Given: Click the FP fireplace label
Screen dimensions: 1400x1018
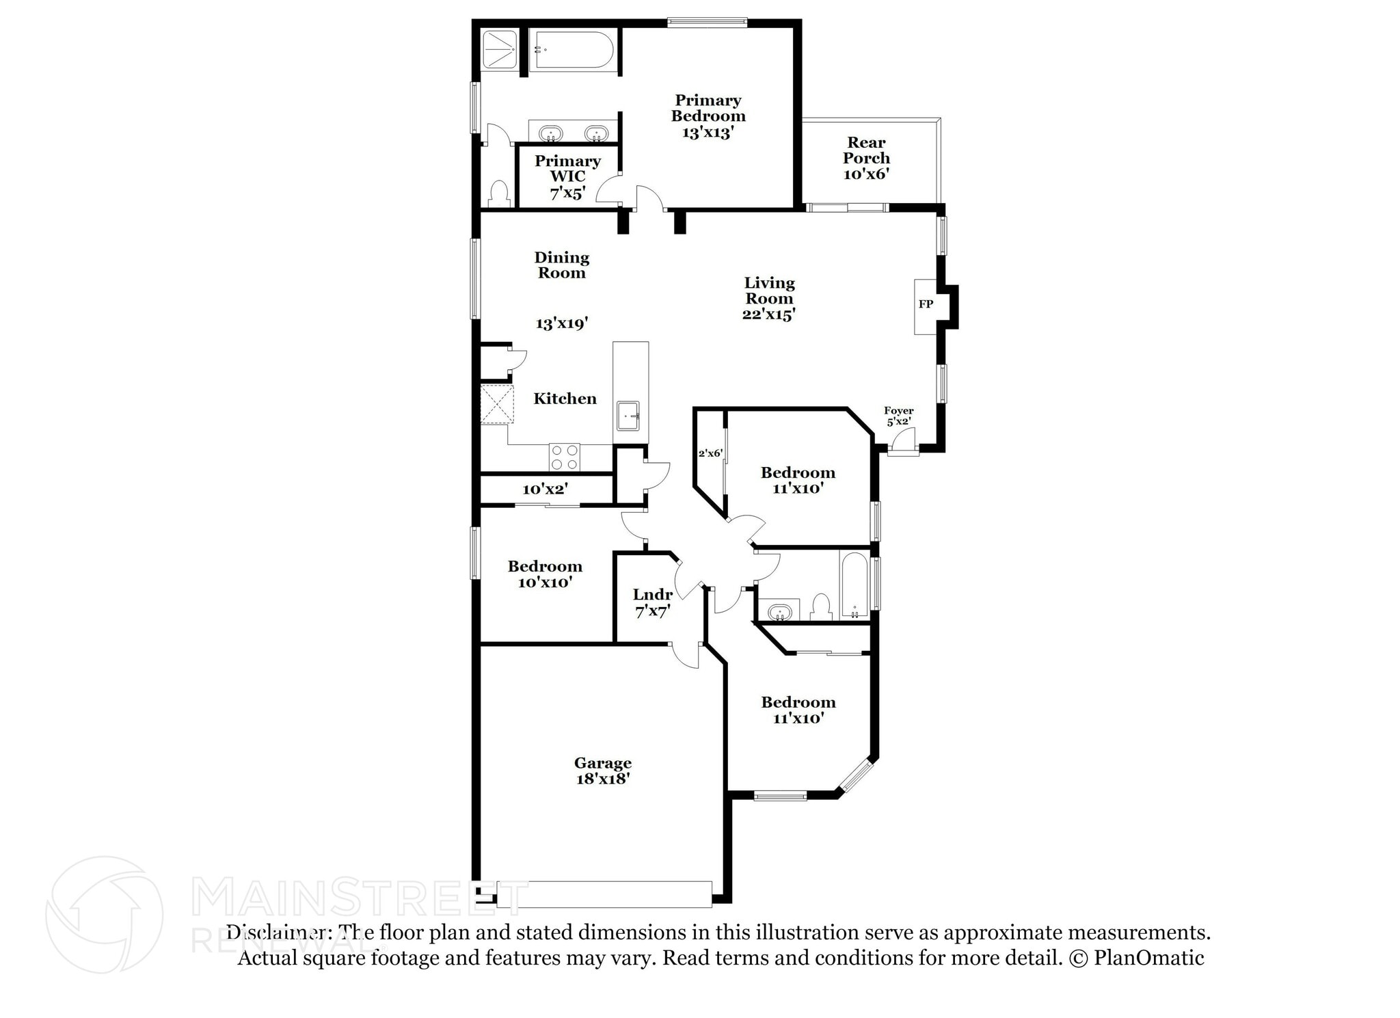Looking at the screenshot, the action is [x=926, y=304].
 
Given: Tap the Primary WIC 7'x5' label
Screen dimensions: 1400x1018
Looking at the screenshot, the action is [x=567, y=177].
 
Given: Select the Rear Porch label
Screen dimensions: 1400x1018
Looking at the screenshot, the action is [x=866, y=150].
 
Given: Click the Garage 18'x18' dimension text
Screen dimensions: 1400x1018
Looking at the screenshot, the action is [x=602, y=779].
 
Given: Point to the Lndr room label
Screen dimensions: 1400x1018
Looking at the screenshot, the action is [x=653, y=595].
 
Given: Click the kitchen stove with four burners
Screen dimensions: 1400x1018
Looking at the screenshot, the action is [x=565, y=457].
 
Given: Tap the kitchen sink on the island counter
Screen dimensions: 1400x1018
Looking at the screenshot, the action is [x=628, y=416].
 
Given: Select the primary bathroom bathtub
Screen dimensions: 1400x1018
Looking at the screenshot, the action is [x=573, y=50].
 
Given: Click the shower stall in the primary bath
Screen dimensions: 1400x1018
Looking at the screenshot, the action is [x=500, y=50].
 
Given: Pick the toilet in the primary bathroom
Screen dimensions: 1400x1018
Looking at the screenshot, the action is [x=500, y=194].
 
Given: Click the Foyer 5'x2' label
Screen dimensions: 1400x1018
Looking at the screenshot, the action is [x=898, y=416].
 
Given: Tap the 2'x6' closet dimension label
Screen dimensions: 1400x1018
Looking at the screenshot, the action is [x=710, y=453].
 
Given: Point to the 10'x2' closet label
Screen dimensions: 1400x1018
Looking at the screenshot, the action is [x=545, y=489].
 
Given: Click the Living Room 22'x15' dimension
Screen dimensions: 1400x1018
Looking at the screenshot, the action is [x=769, y=314].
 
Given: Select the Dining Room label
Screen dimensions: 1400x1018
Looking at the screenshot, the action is [x=561, y=265].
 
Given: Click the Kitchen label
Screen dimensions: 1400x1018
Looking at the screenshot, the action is [x=565, y=399].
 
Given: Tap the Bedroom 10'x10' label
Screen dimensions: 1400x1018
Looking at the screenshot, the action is [x=545, y=574].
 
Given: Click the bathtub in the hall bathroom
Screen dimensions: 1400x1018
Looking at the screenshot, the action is [x=854, y=585].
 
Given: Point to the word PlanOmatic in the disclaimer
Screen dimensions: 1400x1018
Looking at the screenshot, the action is [x=1149, y=958].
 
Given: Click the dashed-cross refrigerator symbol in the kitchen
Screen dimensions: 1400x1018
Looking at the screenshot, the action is [x=496, y=404].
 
